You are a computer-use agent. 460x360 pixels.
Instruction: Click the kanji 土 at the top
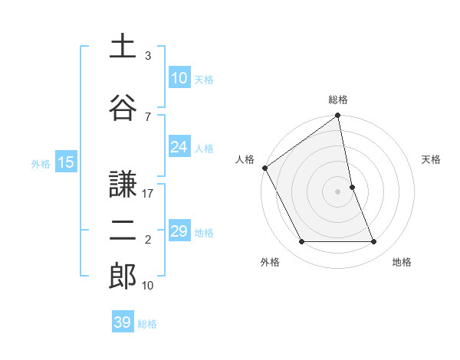coord(123,46)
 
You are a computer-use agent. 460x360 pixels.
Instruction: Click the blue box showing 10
coord(179,78)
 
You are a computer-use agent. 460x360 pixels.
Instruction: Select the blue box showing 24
coord(179,147)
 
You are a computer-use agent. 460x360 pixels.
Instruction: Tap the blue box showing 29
coord(179,231)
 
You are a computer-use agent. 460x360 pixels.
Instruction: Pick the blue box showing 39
coord(123,322)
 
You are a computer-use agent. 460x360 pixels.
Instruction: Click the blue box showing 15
coord(65,162)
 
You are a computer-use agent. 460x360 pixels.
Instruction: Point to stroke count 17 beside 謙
coord(149,194)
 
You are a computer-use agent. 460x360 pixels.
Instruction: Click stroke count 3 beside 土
coord(148,56)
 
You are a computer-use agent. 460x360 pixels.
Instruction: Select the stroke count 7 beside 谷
coord(148,116)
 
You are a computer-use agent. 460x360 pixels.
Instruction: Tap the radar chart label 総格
coord(338,100)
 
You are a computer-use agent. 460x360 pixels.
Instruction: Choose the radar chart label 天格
coord(432,159)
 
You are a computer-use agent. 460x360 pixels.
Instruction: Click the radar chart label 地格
coord(402,262)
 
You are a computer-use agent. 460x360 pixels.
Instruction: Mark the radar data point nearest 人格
coord(264,168)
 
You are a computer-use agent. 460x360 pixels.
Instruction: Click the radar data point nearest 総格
coord(337,116)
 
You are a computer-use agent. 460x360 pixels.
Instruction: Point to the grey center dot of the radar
coord(338,191)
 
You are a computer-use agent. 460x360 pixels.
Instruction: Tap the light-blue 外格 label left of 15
coord(40,162)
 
